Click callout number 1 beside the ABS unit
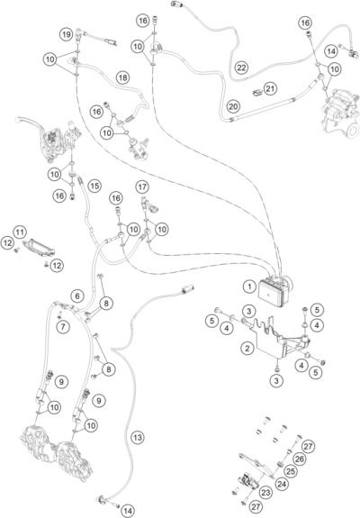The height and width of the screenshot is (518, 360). click(247, 286)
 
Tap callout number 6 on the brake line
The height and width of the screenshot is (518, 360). click(77, 295)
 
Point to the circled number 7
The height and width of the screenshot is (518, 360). click(63, 327)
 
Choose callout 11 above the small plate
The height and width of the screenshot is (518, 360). click(20, 232)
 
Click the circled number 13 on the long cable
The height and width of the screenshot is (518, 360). click(138, 437)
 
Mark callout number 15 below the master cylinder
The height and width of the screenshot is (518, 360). click(93, 184)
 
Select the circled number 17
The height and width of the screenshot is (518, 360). click(142, 186)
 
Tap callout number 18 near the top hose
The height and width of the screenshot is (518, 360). click(121, 77)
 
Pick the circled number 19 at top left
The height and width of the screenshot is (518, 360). click(67, 33)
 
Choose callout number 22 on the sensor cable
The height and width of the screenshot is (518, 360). click(241, 68)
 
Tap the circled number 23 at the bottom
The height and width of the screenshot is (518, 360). click(265, 493)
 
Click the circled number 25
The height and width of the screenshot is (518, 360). click(291, 470)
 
